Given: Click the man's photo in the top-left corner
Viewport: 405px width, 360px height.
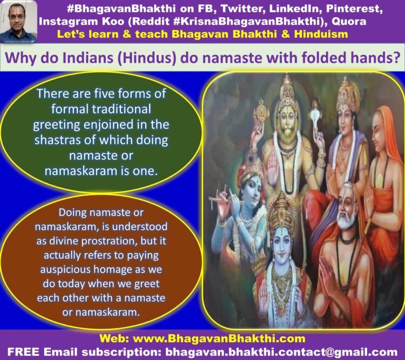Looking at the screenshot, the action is click(x=18, y=21).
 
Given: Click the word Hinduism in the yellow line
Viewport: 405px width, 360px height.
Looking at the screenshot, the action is click(x=321, y=34).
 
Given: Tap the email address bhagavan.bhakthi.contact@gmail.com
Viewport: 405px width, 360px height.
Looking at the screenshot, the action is click(x=281, y=352).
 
